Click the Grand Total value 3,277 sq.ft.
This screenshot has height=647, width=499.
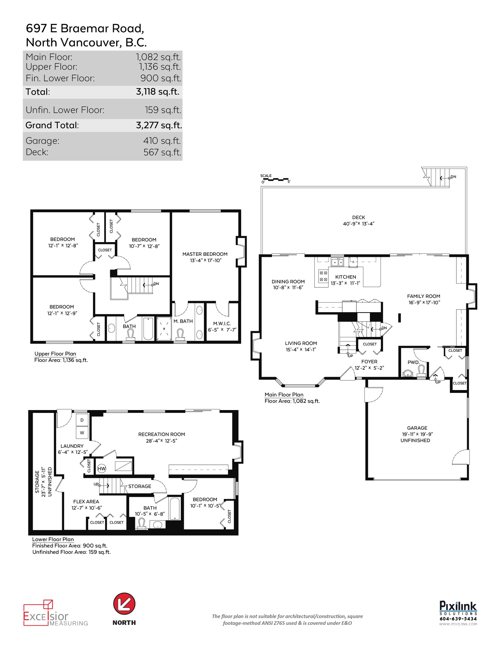tap(159, 125)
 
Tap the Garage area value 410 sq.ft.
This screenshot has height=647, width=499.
tap(162, 141)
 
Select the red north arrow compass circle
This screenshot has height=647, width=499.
tap(124, 604)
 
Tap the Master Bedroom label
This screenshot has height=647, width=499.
tap(205, 254)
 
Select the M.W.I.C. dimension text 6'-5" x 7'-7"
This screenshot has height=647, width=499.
tap(222, 330)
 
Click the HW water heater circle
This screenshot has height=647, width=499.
tap(101, 469)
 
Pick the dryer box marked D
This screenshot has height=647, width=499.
tap(82, 420)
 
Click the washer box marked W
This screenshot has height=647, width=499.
tap(82, 432)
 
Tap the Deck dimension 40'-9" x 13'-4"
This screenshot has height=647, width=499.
tap(358, 224)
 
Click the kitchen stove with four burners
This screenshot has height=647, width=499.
tap(323, 276)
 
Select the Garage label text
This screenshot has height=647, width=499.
tap(417, 428)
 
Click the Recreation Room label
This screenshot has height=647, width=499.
tap(161, 434)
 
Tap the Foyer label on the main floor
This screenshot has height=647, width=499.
tap(369, 361)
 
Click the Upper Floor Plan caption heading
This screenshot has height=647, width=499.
tap(55, 354)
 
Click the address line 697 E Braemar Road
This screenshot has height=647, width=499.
tap(85, 28)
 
